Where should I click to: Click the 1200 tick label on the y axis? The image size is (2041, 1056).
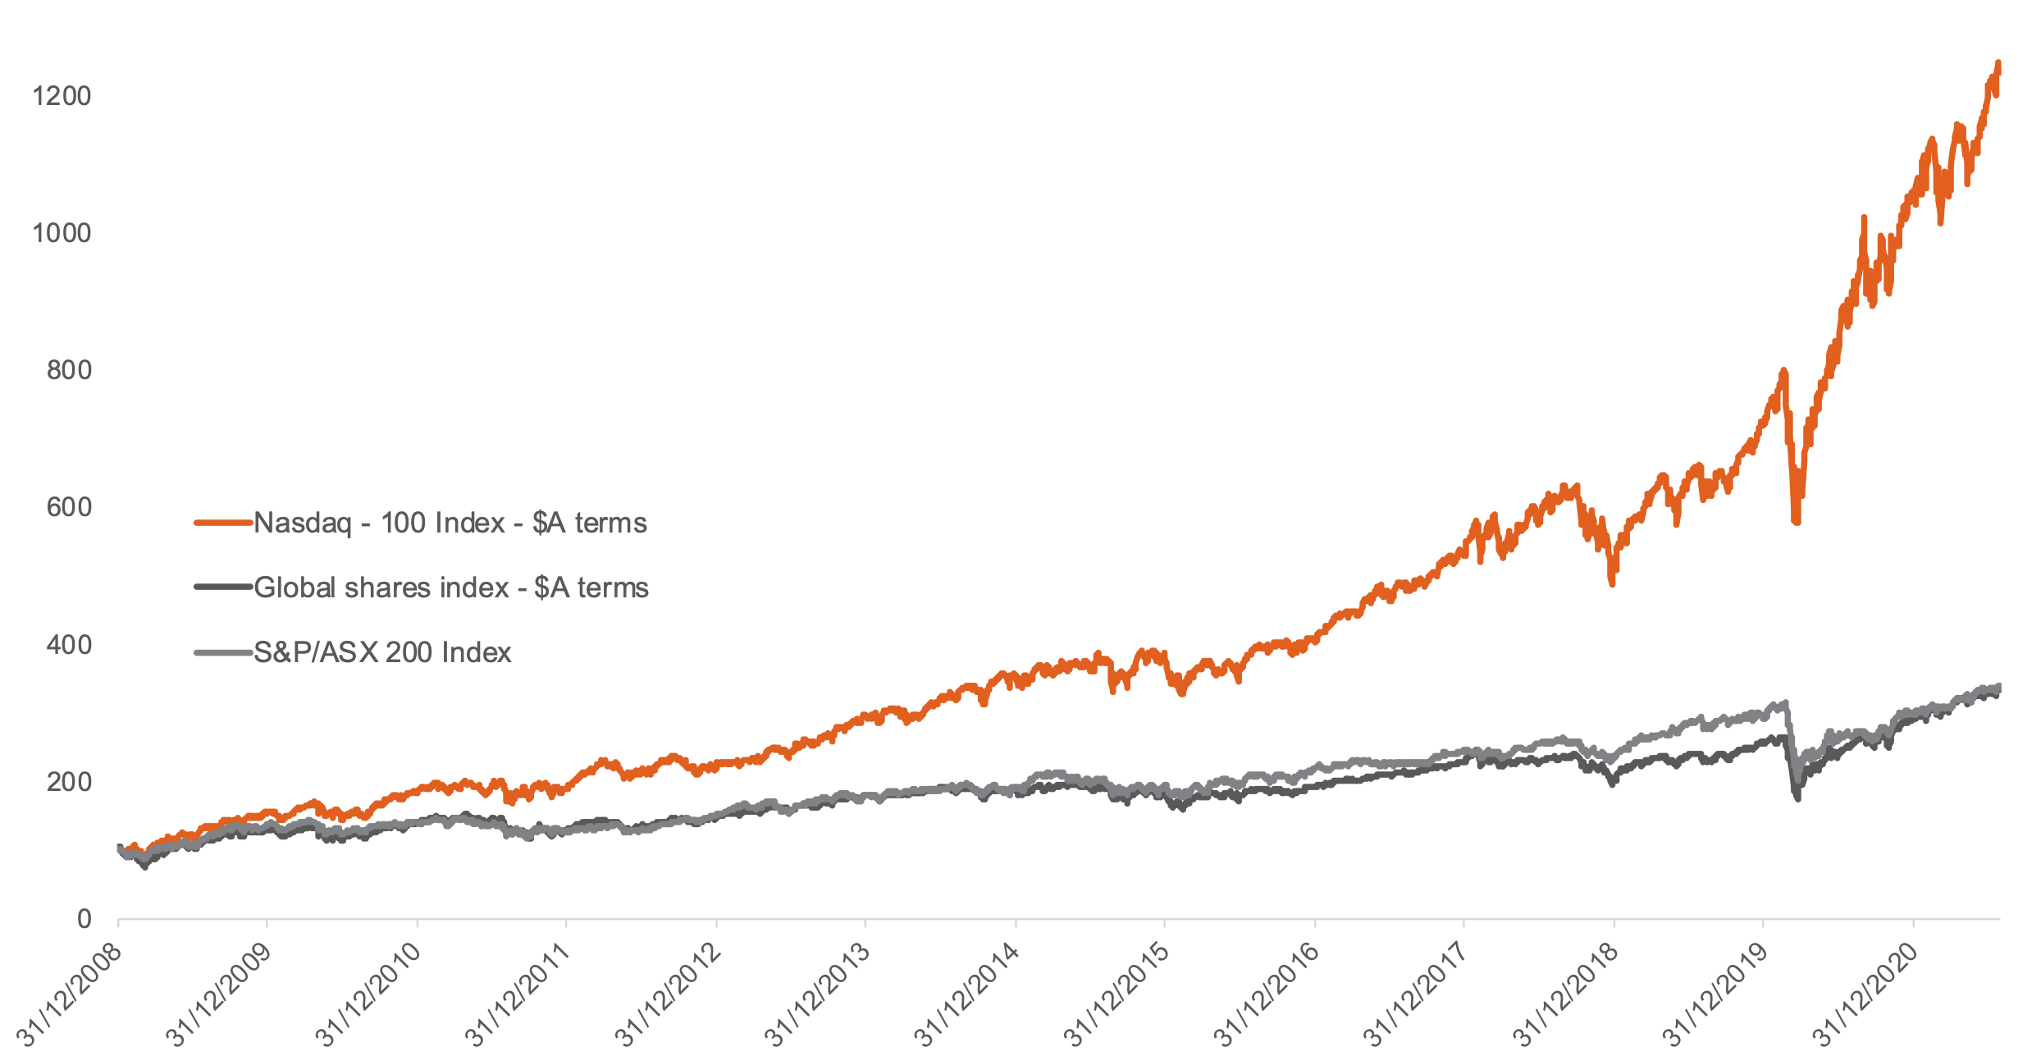[x=61, y=96]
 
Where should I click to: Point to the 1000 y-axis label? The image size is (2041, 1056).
[x=61, y=233]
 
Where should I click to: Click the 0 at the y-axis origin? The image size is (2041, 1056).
[x=84, y=919]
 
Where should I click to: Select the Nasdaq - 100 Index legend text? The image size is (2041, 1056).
[x=450, y=523]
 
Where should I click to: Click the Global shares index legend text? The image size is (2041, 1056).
[x=450, y=587]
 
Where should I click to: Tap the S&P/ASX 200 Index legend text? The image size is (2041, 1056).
[x=382, y=652]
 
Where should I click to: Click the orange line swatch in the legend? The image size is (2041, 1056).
[x=222, y=523]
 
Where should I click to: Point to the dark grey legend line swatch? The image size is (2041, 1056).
[x=222, y=587]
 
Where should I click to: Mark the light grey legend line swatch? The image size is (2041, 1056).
[x=222, y=652]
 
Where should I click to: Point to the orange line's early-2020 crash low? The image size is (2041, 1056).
[x=1797, y=520]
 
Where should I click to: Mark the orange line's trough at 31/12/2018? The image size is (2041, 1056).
[x=1612, y=583]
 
